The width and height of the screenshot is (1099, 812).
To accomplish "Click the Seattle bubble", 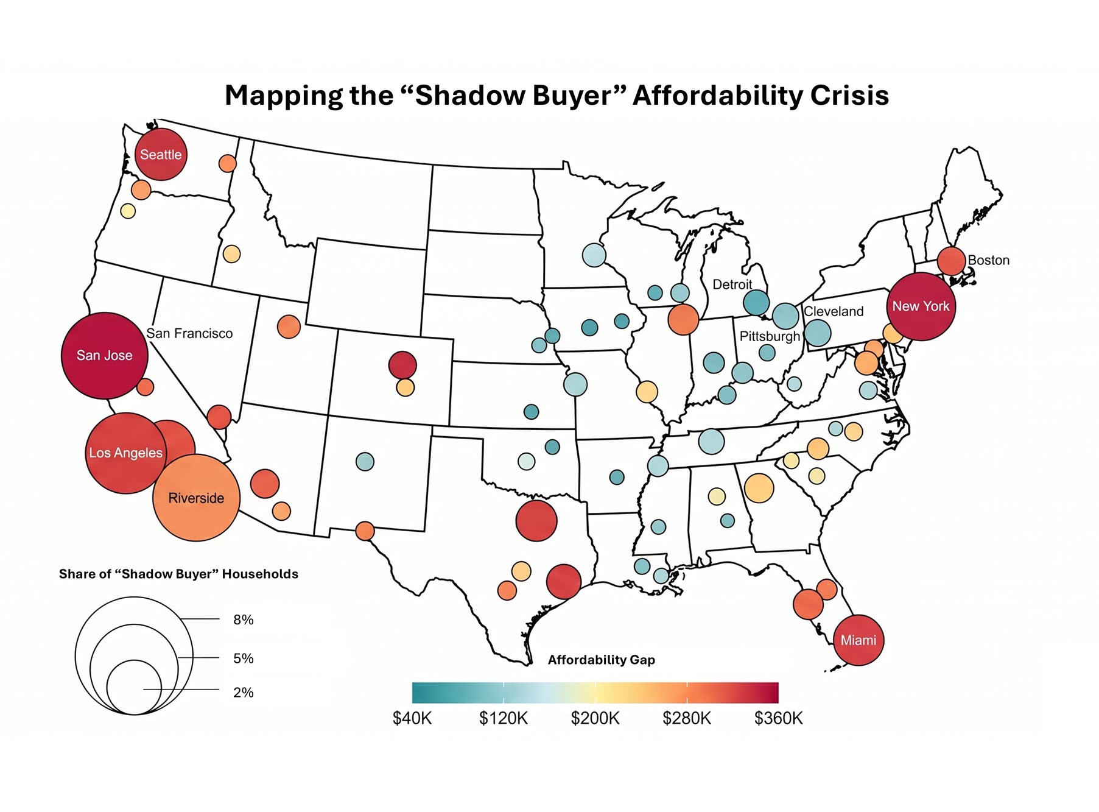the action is click(161, 154).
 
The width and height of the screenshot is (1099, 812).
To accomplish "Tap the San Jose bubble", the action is click(105, 356).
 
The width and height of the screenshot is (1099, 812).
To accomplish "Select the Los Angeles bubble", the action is click(126, 453).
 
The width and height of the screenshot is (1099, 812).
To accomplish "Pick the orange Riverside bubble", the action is click(197, 498).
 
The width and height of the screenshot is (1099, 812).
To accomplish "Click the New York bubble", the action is click(921, 306).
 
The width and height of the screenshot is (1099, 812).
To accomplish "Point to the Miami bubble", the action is click(858, 640).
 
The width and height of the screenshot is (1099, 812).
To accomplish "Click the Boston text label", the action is click(989, 260).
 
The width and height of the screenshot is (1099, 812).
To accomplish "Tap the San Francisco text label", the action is click(189, 333).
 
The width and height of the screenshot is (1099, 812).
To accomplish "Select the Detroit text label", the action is click(732, 284).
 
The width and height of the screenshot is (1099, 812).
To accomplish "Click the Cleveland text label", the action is click(834, 311).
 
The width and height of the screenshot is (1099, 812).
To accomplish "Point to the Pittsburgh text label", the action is click(770, 336).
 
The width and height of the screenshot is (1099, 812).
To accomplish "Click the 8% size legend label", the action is click(244, 620).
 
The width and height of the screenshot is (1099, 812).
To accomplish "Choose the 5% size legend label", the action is click(244, 658).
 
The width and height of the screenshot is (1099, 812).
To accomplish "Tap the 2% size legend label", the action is click(244, 692).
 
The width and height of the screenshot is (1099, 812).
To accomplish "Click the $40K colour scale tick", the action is click(412, 718).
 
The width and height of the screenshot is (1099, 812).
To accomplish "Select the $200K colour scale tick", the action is click(595, 718).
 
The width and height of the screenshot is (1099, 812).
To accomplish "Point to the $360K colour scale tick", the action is click(779, 718).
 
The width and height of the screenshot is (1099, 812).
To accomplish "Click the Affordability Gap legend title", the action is click(602, 660).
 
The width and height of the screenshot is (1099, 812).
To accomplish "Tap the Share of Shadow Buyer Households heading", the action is click(178, 574).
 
